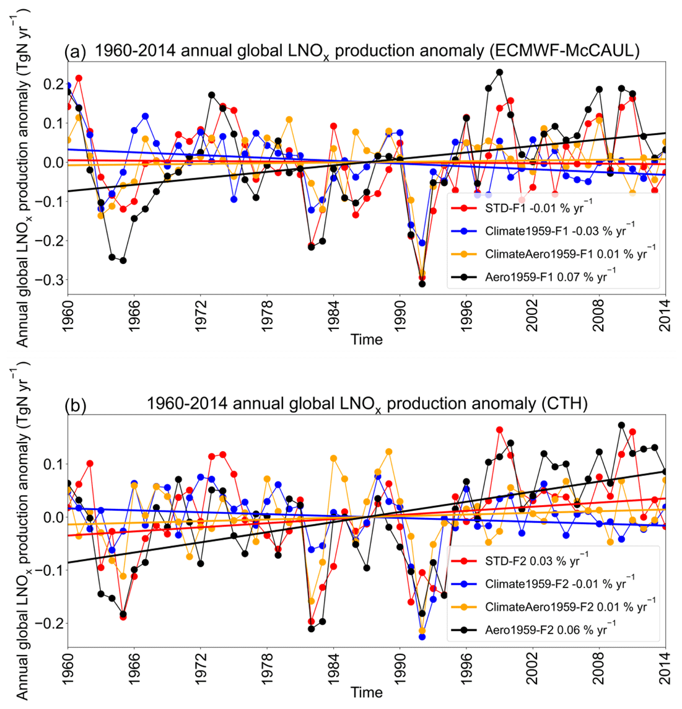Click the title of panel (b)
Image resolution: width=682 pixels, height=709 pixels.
pyautogui.click(x=367, y=405)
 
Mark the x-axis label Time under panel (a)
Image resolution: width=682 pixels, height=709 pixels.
pyautogui.click(x=366, y=340)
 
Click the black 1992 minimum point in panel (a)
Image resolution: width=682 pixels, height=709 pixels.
pyautogui.click(x=422, y=284)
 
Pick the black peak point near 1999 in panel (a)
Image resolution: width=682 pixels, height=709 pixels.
pyautogui.click(x=499, y=73)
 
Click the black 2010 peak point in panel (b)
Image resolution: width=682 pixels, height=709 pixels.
pyautogui.click(x=621, y=425)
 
